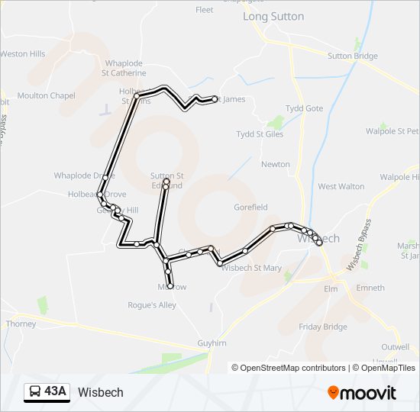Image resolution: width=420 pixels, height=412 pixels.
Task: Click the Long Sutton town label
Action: coord(273,16)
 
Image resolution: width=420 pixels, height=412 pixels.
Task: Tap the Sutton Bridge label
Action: coord(352,56)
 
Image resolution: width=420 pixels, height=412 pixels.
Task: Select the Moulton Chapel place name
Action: coord(46,95)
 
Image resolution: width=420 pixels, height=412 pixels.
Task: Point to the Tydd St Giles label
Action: coord(260,134)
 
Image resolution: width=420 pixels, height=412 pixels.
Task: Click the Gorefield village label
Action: coord(251,207)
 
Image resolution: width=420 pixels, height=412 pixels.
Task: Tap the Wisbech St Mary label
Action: coord(251,268)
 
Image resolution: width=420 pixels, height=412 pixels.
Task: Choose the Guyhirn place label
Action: coord(212,343)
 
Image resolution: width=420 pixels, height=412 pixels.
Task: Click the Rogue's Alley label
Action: coord(152,305)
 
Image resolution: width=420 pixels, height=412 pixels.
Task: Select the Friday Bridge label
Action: coord(323,327)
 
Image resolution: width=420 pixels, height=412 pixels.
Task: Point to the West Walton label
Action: coord(341,186)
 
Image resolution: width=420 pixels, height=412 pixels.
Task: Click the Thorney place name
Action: coord(21,323)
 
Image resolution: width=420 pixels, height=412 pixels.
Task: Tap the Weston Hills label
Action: coord(23,54)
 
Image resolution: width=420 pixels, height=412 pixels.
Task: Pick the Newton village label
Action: coord(276,164)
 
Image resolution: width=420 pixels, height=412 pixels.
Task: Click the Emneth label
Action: coord(370,288)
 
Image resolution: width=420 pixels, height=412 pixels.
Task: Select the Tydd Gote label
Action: coord(304,108)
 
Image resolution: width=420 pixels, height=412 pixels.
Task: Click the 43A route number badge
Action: coord(56,392)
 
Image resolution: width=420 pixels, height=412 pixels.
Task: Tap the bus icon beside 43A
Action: coord(35,392)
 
